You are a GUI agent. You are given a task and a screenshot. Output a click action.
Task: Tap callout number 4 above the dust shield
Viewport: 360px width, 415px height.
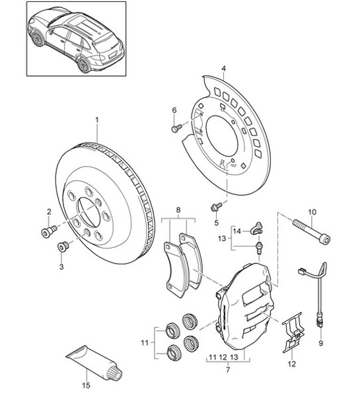(x=224, y=68)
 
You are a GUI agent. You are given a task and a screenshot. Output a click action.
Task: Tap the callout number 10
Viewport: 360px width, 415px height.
(x=313, y=212)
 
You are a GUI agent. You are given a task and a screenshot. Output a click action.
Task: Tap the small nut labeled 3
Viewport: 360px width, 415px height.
(x=64, y=247)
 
